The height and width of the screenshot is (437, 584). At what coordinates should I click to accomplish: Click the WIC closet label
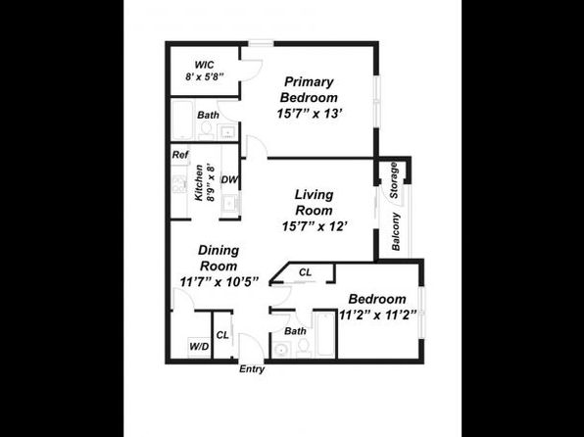pyautogui.click(x=205, y=65)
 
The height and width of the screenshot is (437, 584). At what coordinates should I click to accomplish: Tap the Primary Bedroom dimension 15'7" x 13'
pyautogui.click(x=310, y=114)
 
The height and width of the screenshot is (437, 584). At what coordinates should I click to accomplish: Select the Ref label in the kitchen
pyautogui.click(x=180, y=155)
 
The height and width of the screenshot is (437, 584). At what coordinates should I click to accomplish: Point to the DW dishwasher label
pyautogui.click(x=229, y=179)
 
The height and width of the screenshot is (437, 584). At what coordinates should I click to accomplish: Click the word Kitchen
pyautogui.click(x=199, y=183)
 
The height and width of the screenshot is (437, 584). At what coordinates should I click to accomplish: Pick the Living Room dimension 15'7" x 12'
pyautogui.click(x=315, y=226)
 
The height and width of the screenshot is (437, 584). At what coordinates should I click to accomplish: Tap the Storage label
pyautogui.click(x=394, y=180)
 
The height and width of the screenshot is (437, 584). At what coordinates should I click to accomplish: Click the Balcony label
pyautogui.click(x=396, y=231)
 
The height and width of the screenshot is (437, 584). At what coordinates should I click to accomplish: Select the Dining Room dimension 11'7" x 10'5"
pyautogui.click(x=219, y=281)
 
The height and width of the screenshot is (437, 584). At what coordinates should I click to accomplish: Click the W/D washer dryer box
pyautogui.click(x=199, y=347)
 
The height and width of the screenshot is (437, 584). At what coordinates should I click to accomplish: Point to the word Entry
pyautogui.click(x=252, y=369)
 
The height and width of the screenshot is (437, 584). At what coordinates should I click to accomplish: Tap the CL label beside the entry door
pyautogui.click(x=222, y=335)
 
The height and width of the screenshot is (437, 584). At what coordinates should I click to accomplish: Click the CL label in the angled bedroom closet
pyautogui.click(x=305, y=272)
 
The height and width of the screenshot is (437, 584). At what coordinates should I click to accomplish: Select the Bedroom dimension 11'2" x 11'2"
pyautogui.click(x=377, y=316)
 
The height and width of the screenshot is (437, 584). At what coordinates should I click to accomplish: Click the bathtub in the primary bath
pyautogui.click(x=183, y=120)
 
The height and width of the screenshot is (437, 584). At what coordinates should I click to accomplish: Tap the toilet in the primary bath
pyautogui.click(x=205, y=130)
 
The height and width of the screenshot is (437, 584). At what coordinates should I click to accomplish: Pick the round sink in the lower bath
pyautogui.click(x=280, y=350)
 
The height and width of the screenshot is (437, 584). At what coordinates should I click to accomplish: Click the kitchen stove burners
pyautogui.click(x=179, y=184)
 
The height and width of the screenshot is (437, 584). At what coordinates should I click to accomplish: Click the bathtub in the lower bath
pyautogui.click(x=324, y=334)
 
